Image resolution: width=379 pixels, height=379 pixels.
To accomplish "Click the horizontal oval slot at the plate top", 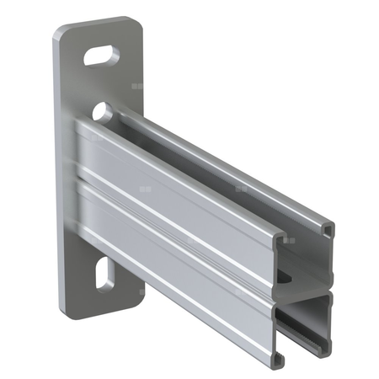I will (101, 56).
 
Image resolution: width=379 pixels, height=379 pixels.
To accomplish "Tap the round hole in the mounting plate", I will (102, 109).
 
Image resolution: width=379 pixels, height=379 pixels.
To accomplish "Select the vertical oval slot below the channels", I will (104, 275).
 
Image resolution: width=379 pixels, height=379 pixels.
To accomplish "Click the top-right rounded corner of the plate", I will (135, 22).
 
